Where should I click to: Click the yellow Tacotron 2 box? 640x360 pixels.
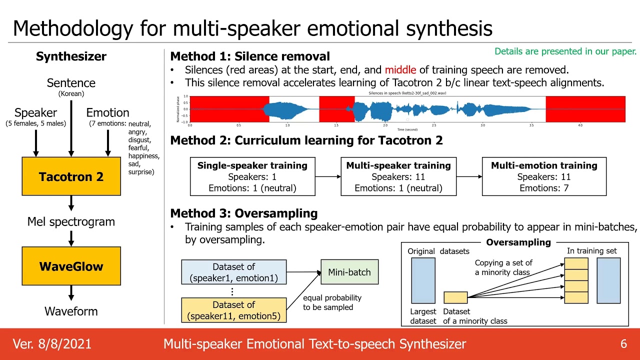(x=71, y=176)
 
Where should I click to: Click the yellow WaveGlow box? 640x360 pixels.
(x=71, y=266)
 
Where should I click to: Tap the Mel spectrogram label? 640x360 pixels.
(x=71, y=221)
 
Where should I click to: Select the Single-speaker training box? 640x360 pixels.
(x=252, y=176)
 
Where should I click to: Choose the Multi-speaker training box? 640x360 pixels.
(x=398, y=176)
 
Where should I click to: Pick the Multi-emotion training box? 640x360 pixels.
(x=544, y=176)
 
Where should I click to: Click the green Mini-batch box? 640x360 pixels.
(x=349, y=272)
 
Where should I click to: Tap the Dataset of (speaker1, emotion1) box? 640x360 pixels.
(x=233, y=272)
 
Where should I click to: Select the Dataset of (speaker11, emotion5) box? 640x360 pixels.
(x=233, y=310)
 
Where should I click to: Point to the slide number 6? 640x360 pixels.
(x=623, y=344)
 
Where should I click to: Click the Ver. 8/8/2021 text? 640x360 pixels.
(x=52, y=344)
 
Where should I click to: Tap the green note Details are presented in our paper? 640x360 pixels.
(x=565, y=51)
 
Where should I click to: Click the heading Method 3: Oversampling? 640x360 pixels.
(x=244, y=213)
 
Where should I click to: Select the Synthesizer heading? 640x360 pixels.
(x=71, y=56)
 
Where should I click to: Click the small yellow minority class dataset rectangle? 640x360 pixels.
(x=455, y=297)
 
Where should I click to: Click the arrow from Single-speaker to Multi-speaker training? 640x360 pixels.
(x=328, y=176)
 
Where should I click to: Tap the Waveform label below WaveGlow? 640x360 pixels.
(x=71, y=311)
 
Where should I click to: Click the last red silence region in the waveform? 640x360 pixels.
(x=585, y=109)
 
